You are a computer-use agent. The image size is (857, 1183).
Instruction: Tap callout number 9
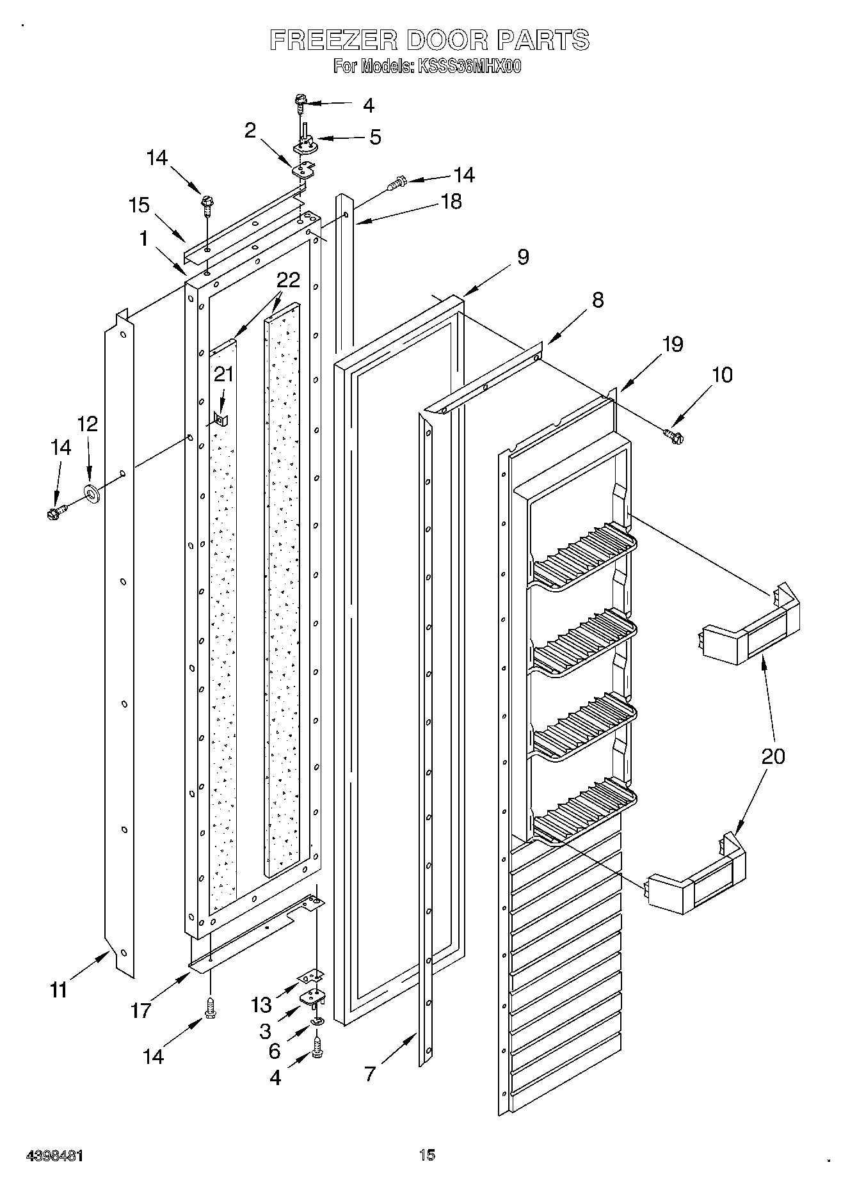pyautogui.click(x=523, y=257)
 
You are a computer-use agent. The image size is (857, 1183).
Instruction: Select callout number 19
pyautogui.click(x=673, y=344)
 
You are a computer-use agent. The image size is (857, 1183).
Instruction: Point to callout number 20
pyautogui.click(x=773, y=756)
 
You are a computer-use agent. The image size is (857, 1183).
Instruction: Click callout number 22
pyautogui.click(x=288, y=280)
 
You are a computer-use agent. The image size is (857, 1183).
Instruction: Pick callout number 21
pyautogui.click(x=223, y=374)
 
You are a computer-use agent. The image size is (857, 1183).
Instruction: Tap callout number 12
pyautogui.click(x=88, y=424)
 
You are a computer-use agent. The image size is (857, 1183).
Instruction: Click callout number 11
pyautogui.click(x=58, y=990)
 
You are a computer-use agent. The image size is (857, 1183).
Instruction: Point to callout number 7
pyautogui.click(x=370, y=1074)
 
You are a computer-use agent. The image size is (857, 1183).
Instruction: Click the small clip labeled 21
pyautogui.click(x=220, y=419)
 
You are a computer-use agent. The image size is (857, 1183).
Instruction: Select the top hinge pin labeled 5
pyautogui.click(x=304, y=139)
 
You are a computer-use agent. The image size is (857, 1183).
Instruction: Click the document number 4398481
pyautogui.click(x=54, y=1155)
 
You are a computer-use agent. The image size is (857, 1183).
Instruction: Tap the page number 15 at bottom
pyautogui.click(x=428, y=1155)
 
